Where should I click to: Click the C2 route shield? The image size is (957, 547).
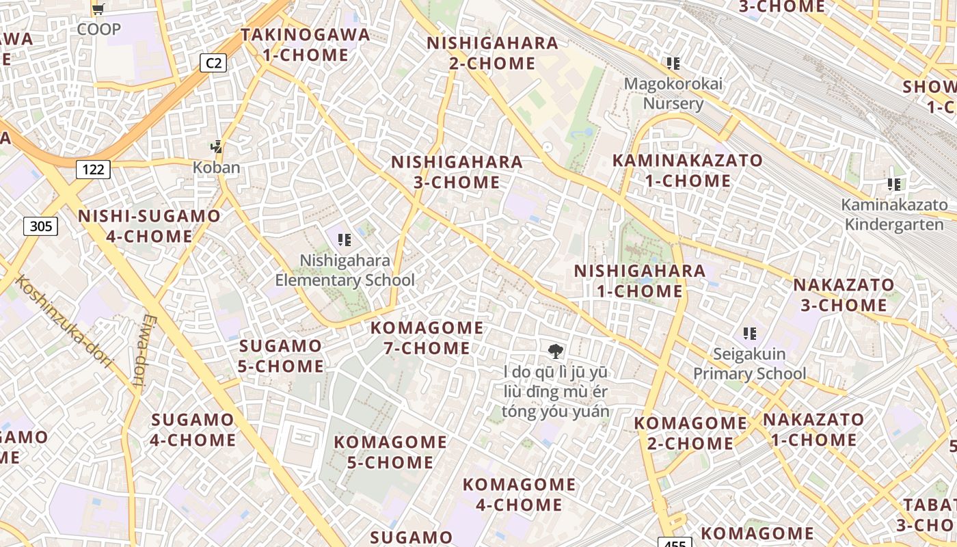tap(214, 64)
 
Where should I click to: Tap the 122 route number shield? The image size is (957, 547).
tap(93, 169)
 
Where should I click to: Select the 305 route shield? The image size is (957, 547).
tap(41, 226)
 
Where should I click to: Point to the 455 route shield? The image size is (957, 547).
tap(674, 542)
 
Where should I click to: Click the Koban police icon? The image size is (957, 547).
tap(217, 147)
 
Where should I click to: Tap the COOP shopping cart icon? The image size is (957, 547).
tap(98, 10)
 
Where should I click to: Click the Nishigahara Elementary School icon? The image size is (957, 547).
tap(345, 239)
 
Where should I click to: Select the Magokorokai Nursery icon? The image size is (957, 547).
tap(673, 64)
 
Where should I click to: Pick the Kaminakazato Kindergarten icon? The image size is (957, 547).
tap(894, 184)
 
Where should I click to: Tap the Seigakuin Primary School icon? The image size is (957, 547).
tap(750, 334)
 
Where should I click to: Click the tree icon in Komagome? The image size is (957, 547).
tap(556, 351)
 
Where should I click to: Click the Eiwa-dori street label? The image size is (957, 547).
tap(141, 351)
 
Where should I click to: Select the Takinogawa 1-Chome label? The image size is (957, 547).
tap(305, 44)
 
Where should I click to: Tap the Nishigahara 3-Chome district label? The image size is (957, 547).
tap(457, 172)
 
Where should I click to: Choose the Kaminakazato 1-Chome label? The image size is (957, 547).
tap(687, 170)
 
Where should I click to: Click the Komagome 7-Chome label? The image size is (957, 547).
tap(427, 338)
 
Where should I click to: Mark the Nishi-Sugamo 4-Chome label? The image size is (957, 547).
tap(149, 226)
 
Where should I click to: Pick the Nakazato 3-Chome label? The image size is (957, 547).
tap(844, 295)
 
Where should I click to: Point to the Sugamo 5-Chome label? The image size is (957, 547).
tap(280, 356)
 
